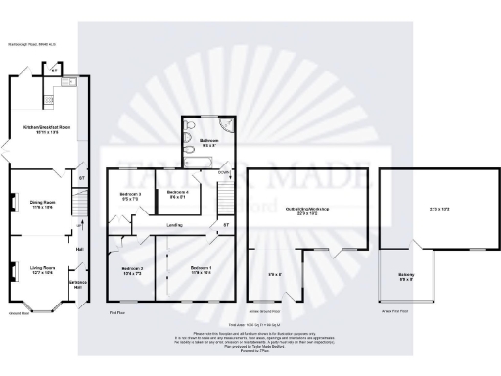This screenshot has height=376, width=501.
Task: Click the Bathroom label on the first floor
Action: point(209,140)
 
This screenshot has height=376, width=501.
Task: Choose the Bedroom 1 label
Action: point(200,267)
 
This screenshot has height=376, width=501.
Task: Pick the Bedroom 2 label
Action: point(132,267)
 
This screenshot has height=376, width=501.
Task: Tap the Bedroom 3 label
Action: point(130,194)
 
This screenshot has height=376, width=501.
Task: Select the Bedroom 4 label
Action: point(177,193)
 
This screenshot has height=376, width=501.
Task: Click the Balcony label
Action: point(405,274)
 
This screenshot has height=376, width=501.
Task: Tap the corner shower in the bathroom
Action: point(227,125)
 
